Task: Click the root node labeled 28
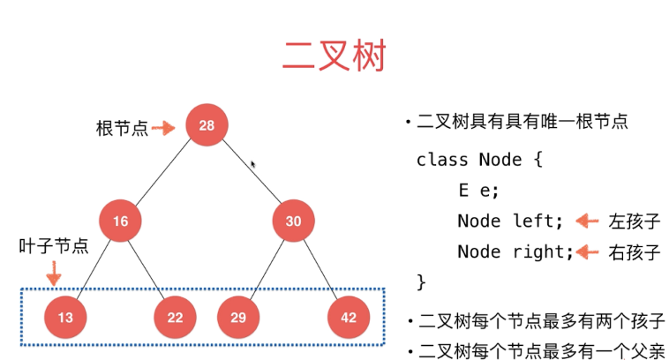207,125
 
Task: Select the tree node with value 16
120,221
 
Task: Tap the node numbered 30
294,221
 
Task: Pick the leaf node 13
65,318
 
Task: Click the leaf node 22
175,318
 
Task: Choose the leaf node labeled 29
238,318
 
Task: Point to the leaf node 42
349,318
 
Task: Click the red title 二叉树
334,56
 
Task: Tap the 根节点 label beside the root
122,128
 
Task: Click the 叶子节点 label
54,246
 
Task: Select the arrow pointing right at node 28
163,128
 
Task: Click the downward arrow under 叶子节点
54,274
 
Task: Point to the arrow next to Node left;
587,221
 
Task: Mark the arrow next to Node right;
587,251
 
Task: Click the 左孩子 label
635,221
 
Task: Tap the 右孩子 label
635,252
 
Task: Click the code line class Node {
479,160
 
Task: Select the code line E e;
478,191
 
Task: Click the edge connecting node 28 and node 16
163,173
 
